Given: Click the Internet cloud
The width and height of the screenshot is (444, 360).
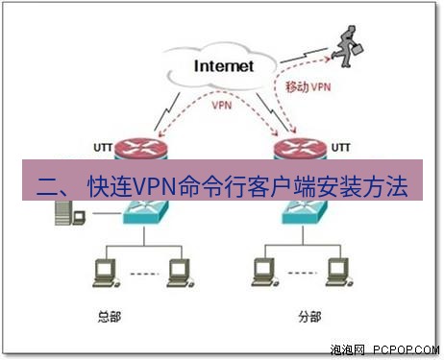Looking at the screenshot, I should pos(223,66).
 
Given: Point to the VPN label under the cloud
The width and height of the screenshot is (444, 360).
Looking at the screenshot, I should pos(222,106).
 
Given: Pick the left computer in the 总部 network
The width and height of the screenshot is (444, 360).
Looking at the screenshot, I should pos(99,272).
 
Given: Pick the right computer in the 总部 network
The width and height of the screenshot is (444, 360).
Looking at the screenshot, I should pos(176,272).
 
